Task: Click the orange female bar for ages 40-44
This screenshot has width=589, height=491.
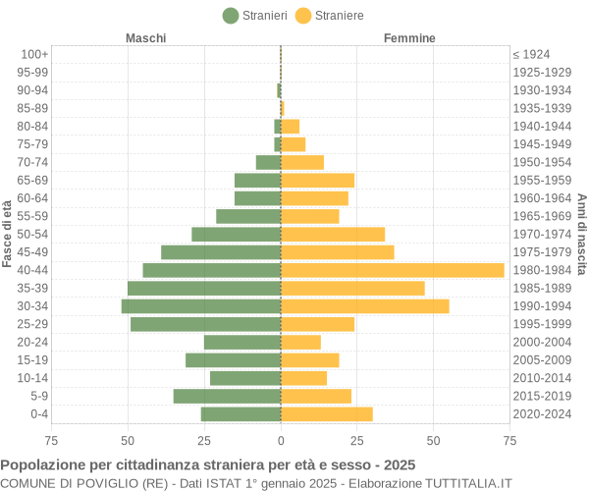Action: [x=392, y=270]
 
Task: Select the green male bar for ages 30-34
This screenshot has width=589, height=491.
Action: [x=201, y=306]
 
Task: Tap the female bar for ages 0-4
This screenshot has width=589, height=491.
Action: [x=327, y=414]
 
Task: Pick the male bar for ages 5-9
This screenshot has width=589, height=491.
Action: [x=227, y=396]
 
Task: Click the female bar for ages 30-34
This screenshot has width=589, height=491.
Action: [x=364, y=306]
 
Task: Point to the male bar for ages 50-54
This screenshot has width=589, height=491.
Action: [x=236, y=234]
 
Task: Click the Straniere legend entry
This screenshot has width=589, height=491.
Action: [x=330, y=16]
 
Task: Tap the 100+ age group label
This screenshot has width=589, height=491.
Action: [x=34, y=54]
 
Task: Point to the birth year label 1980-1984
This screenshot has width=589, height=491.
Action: [x=542, y=270]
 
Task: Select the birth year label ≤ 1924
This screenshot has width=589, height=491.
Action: [x=531, y=54]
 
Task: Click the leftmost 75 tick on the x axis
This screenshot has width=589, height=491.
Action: [x=51, y=441]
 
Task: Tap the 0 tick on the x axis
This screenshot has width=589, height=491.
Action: [x=281, y=441]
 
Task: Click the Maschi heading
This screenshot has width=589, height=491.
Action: [x=145, y=38]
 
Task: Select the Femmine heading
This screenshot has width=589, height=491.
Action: [x=409, y=38]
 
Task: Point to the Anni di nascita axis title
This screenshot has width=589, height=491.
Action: [x=581, y=234]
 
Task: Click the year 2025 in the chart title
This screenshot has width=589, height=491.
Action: [x=399, y=464]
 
